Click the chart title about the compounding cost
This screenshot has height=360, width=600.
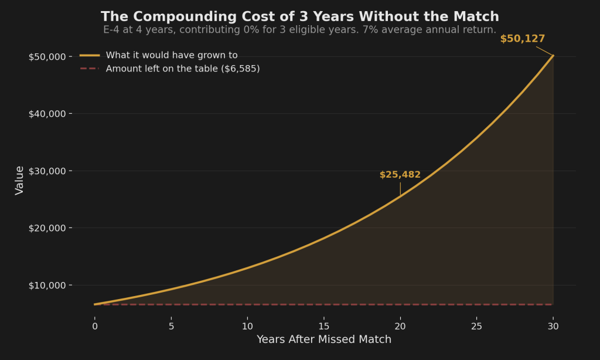point(300,16)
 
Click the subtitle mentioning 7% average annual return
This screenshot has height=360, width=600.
point(300,30)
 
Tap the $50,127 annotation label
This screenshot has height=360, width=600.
point(522,39)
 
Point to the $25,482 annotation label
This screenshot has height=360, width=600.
point(400,175)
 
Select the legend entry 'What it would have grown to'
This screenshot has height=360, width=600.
point(171,55)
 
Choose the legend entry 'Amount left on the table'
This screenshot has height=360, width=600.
point(182,69)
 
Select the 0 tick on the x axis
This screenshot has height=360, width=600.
point(94,325)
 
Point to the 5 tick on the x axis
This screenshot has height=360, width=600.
point(171,325)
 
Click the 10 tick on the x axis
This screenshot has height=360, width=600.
point(247,325)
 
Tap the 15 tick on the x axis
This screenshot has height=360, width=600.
point(324,325)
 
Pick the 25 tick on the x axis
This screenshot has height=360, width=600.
point(477,325)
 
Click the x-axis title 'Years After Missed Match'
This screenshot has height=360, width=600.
point(324,339)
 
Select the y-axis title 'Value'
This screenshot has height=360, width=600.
point(20,180)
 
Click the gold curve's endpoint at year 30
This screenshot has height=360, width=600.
point(553,56)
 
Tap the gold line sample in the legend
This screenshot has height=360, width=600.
point(90,55)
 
